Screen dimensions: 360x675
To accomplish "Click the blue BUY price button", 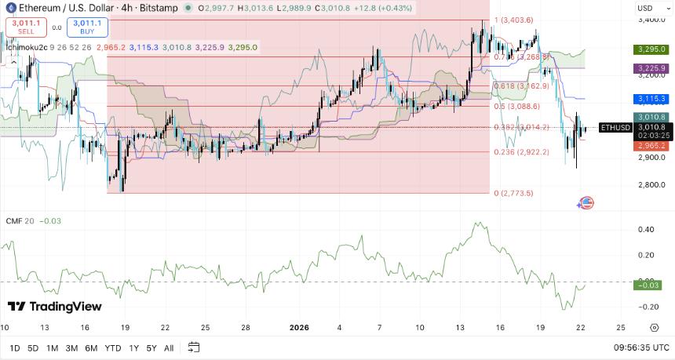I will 87,27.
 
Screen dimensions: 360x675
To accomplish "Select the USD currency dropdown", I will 648,8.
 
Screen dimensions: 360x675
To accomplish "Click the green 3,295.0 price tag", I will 649,49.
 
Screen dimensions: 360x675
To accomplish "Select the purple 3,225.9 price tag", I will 649,68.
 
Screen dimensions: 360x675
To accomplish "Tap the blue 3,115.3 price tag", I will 649,99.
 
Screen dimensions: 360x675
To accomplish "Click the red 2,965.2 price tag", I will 649,145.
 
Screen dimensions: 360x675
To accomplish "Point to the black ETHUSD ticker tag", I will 612,127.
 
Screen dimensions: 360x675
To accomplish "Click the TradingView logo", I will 55,306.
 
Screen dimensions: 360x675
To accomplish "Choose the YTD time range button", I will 112,347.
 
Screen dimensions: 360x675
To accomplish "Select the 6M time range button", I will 91,347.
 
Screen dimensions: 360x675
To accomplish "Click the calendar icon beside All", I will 194,347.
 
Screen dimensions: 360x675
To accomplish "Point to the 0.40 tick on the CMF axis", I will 646,230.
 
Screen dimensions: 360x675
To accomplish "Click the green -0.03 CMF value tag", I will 648,285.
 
